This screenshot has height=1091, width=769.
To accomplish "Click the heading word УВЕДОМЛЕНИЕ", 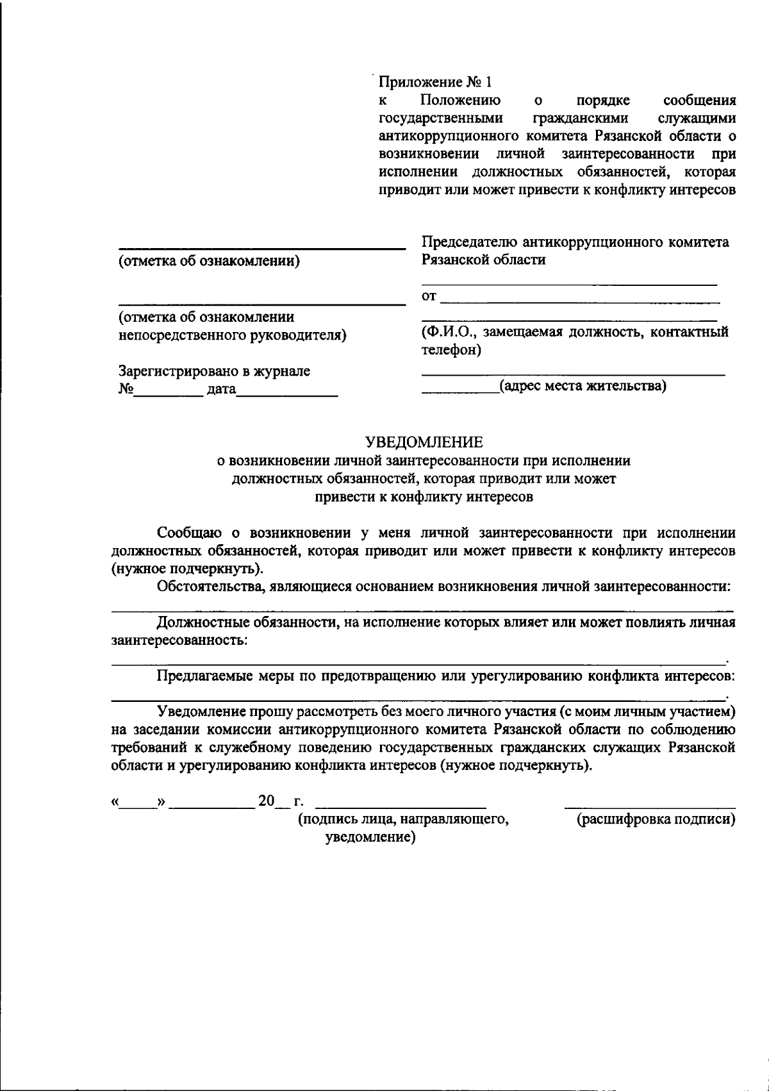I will pyautogui.click(x=424, y=442).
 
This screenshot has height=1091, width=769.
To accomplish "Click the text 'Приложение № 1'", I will pyautogui.click(x=434, y=82).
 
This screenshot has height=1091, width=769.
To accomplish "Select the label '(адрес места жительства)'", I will pyautogui.click(x=583, y=386).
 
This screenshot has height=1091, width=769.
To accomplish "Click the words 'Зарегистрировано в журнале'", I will pyautogui.click(x=214, y=371).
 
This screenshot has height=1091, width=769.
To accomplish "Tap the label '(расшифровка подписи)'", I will pyautogui.click(x=656, y=819).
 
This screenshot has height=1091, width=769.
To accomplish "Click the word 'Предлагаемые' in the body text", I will pyautogui.click(x=204, y=676).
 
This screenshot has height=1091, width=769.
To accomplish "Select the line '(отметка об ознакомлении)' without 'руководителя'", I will pyautogui.click(x=210, y=261).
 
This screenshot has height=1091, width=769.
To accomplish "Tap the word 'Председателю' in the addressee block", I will pyautogui.click(x=469, y=242).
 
